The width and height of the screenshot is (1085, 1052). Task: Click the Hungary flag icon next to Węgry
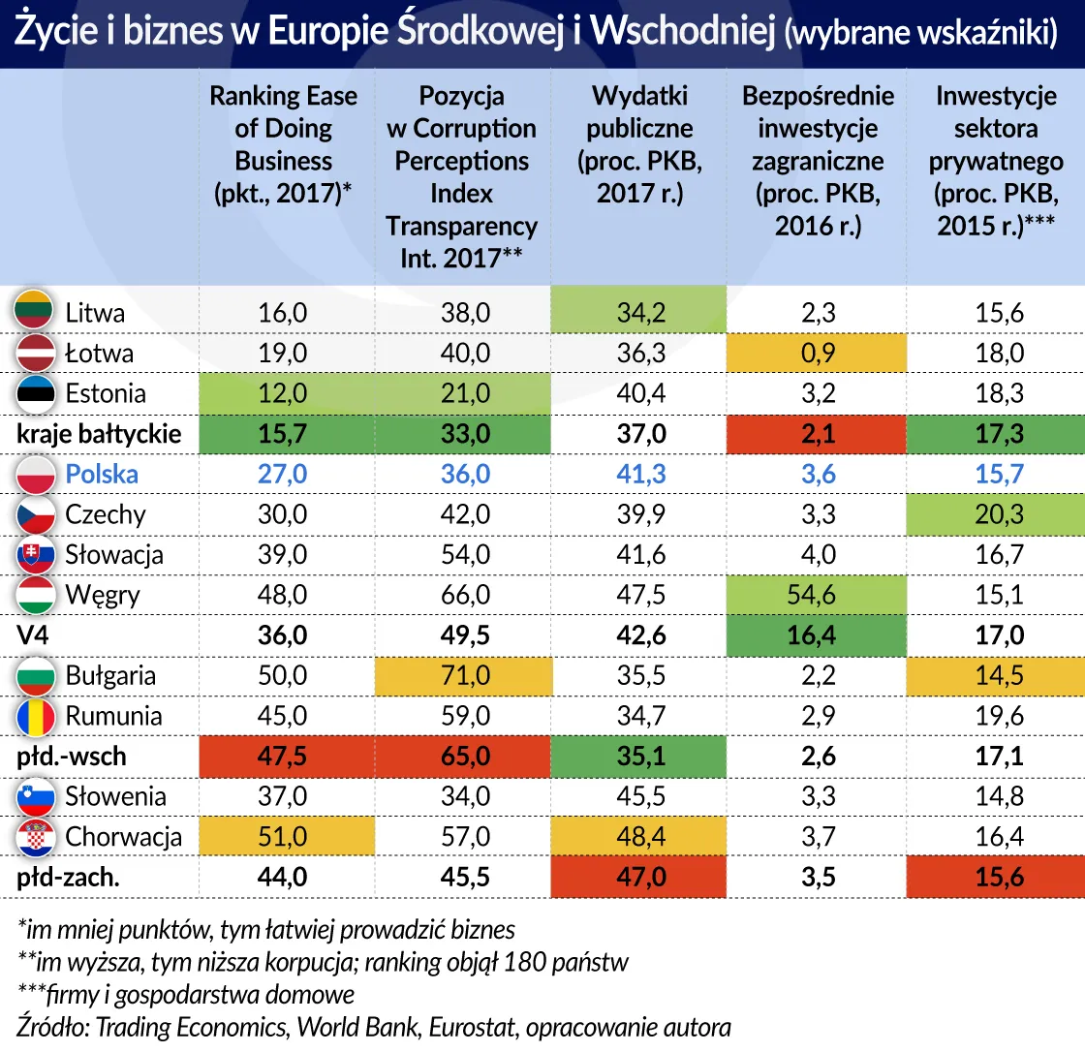tap(36, 594)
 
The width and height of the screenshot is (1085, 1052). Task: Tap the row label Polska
tap(102, 474)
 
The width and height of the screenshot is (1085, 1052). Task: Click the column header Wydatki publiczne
tap(639, 144)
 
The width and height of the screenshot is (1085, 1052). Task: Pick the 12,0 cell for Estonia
tap(284, 393)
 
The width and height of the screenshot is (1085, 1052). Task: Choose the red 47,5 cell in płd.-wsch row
tap(284, 757)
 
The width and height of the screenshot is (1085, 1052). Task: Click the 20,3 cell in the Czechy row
tap(999, 514)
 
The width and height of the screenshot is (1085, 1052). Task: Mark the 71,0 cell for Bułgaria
tap(461, 676)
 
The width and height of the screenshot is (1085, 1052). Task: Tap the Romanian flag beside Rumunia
tap(36, 716)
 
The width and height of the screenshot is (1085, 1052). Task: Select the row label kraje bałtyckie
tap(99, 434)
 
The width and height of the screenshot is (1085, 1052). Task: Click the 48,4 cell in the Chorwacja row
tap(639, 836)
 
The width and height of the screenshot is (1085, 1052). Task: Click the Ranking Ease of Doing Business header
tap(284, 144)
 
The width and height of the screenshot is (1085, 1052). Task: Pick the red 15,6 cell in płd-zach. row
tap(999, 877)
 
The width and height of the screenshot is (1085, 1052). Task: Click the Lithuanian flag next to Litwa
tap(36, 312)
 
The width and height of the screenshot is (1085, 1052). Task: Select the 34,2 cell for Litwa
tap(639, 313)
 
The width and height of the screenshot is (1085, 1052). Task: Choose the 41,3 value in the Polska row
tap(639, 474)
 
